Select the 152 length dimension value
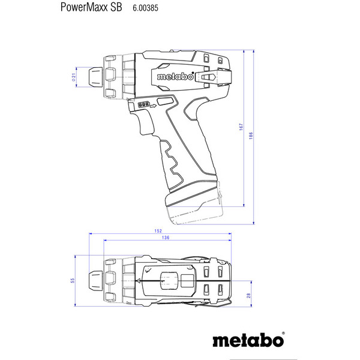click(x=158, y=230)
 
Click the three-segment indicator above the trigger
click(x=143, y=104)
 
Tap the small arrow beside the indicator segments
click(x=153, y=105)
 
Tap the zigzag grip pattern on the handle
click(x=174, y=165)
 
